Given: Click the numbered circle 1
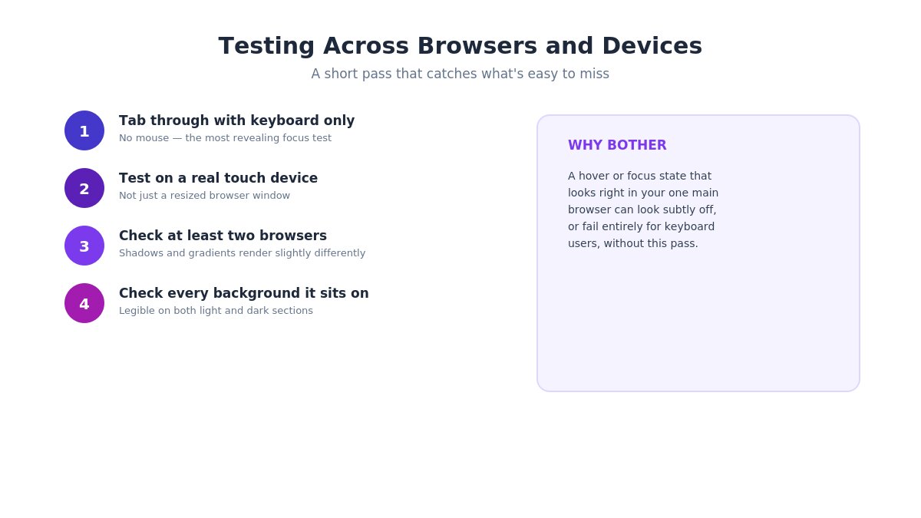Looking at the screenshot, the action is tap(84, 130).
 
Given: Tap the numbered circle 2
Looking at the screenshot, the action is tap(84, 188).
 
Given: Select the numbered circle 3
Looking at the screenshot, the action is tap(84, 246).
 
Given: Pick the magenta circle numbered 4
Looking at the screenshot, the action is tap(84, 303).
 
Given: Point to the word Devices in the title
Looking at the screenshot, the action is tap(652, 45).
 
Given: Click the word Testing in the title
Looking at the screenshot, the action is tap(266, 47).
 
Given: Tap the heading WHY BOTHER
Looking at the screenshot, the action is tap(617, 145).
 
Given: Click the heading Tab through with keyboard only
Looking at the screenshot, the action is tap(237, 121).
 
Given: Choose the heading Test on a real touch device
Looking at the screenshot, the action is tap(218, 178).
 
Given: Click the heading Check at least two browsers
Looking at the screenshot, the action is tap(223, 236).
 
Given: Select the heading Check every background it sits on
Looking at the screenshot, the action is tap(244, 293).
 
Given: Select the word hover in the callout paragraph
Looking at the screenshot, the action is tap(594, 176).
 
